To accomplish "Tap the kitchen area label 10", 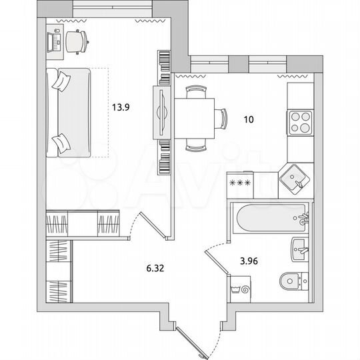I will point(249,120).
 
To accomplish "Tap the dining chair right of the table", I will point(223,119).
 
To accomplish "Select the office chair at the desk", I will point(78,41).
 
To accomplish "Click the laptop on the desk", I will point(54,41).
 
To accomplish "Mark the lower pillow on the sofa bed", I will point(61,142).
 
